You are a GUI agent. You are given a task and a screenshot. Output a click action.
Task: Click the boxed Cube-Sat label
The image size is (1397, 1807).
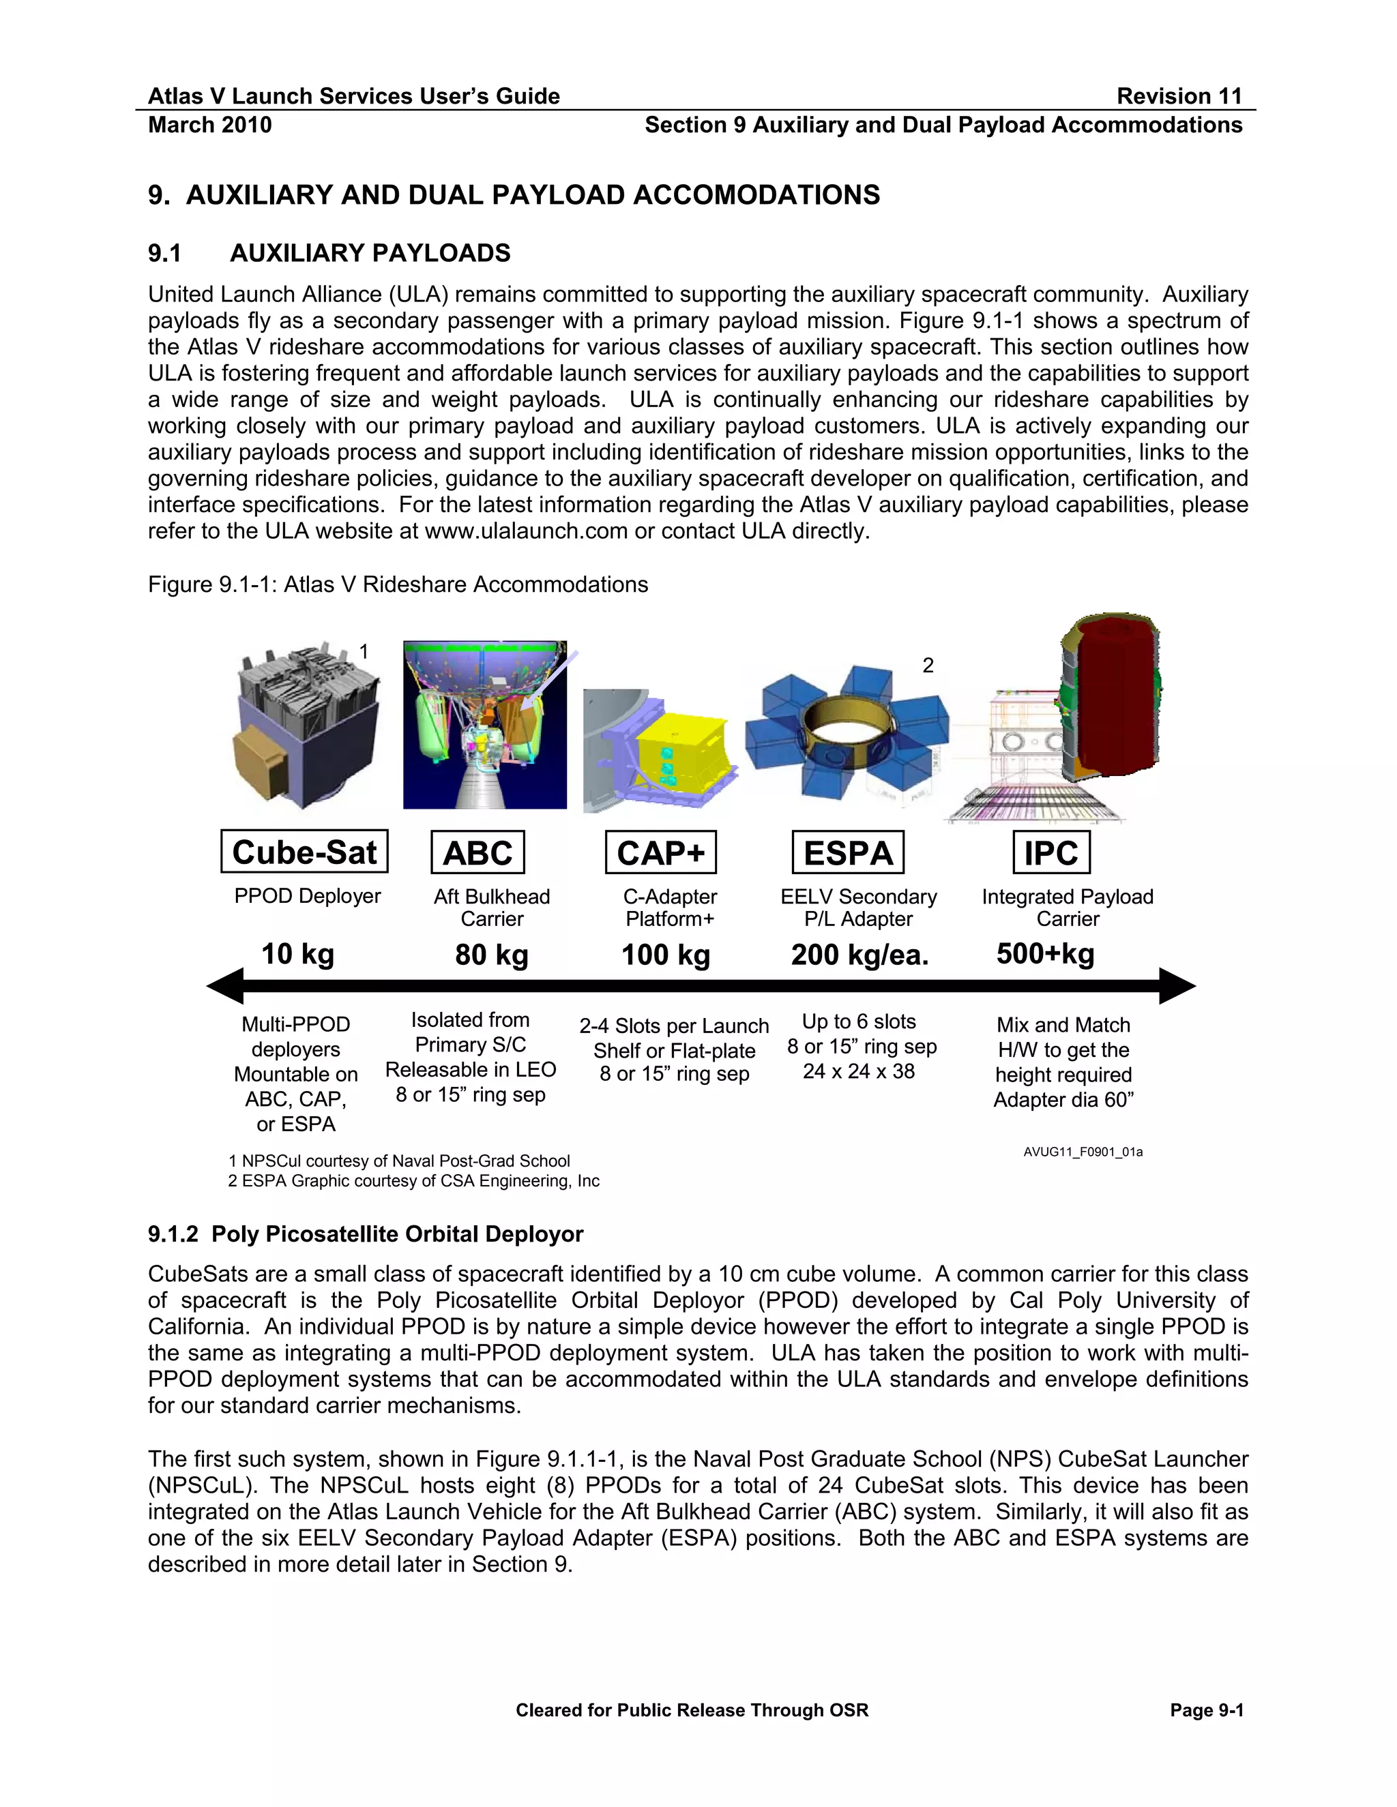point(304,852)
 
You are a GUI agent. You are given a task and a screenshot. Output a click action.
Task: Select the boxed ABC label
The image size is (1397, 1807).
point(477,852)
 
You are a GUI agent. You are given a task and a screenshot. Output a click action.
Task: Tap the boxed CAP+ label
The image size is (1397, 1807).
point(660,852)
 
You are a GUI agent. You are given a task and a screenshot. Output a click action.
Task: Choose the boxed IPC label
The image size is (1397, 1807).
point(1051,852)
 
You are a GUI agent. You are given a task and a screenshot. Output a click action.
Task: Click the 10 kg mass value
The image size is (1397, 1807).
point(298,954)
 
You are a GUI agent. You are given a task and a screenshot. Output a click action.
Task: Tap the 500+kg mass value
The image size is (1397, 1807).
point(1045,954)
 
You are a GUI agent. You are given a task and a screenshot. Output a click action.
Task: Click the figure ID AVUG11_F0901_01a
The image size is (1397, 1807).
point(1083,1152)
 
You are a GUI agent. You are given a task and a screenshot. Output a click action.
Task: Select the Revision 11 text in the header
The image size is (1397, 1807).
point(1179,96)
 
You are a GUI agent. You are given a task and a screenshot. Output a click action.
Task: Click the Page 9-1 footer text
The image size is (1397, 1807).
point(1206,1711)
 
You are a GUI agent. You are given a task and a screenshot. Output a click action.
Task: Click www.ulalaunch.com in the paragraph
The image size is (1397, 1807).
point(525,531)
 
